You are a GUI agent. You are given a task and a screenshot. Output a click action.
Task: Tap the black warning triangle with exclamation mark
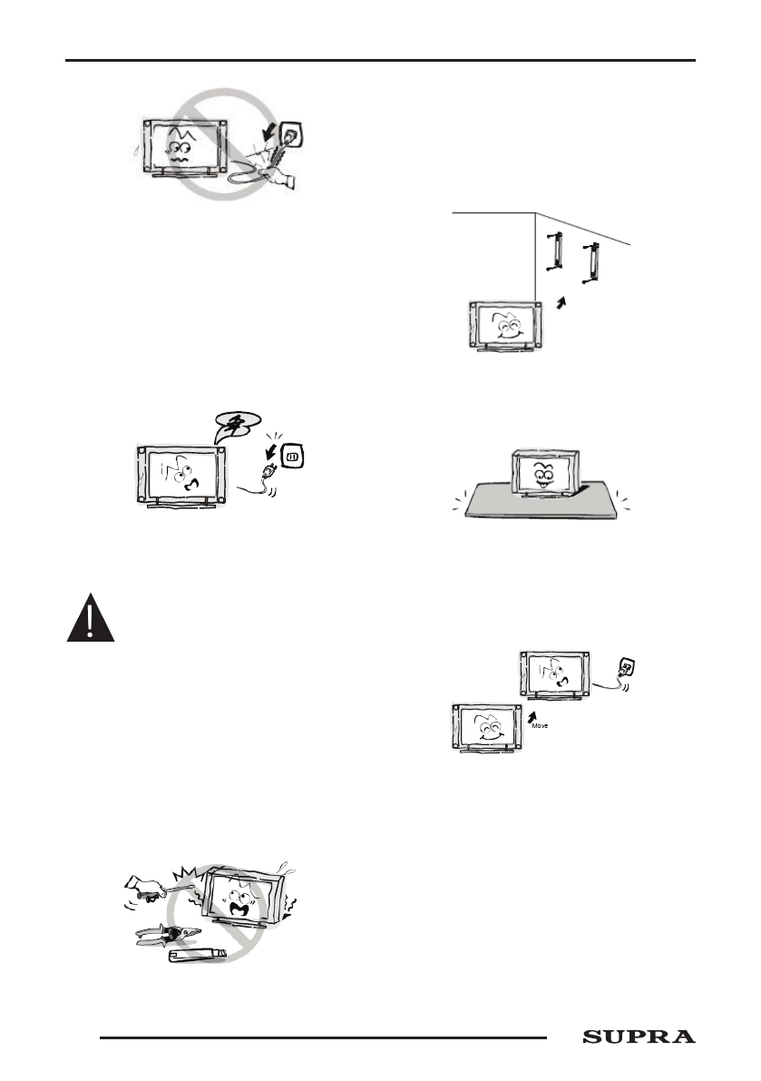90,620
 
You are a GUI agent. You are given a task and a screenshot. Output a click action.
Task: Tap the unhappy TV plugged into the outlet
555,675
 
